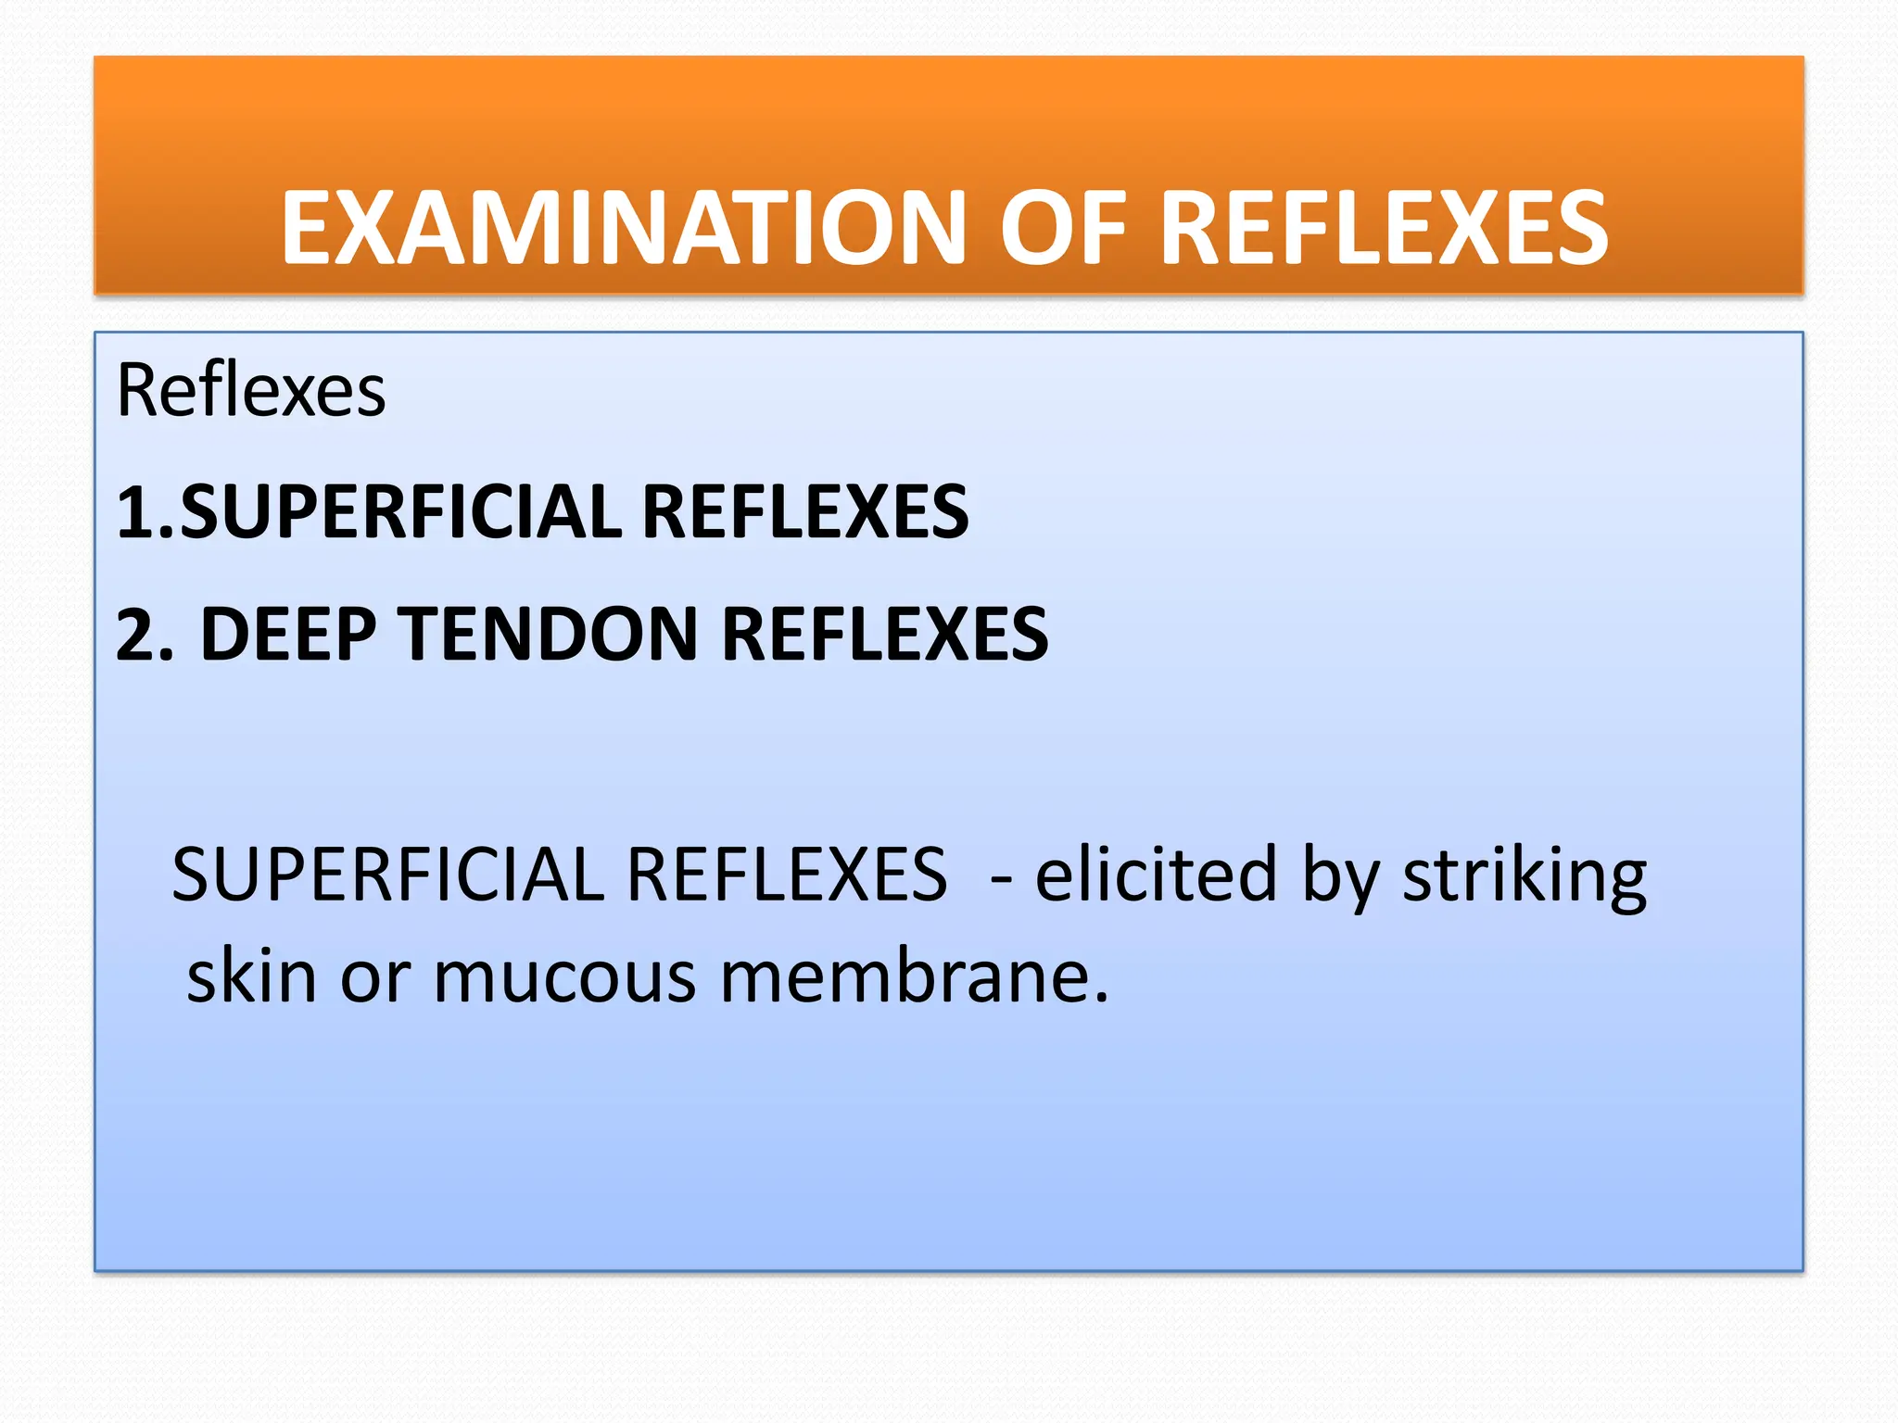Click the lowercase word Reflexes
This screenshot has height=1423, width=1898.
point(251,390)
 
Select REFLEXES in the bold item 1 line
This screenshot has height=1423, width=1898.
point(804,512)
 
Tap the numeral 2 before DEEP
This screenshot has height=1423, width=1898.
point(139,636)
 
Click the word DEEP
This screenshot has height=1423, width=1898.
point(288,636)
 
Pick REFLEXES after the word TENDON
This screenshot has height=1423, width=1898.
point(884,636)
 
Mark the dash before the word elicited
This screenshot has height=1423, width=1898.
point(1000,875)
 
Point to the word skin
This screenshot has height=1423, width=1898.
point(251,976)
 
